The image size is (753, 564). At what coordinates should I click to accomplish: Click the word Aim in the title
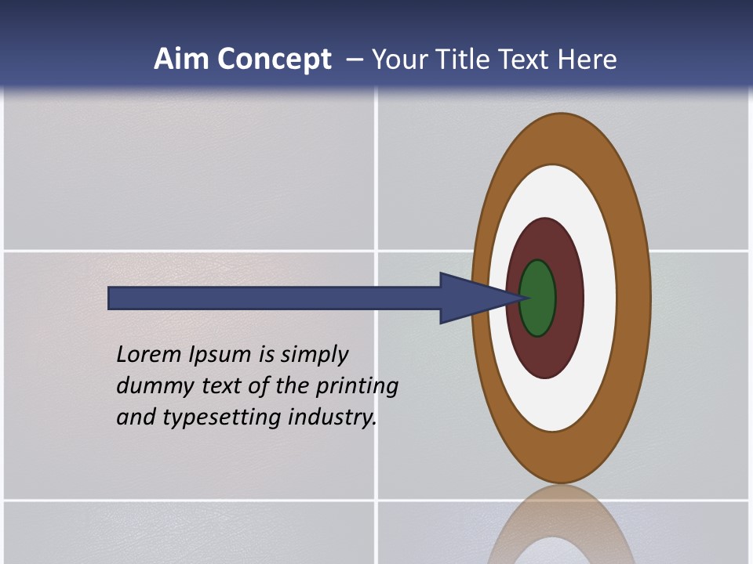point(181,60)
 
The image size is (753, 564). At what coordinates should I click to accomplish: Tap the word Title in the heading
point(486,60)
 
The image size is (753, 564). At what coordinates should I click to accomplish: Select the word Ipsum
point(220,356)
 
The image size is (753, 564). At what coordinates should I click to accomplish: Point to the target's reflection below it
point(562,525)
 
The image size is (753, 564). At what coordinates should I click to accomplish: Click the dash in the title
point(355,60)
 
